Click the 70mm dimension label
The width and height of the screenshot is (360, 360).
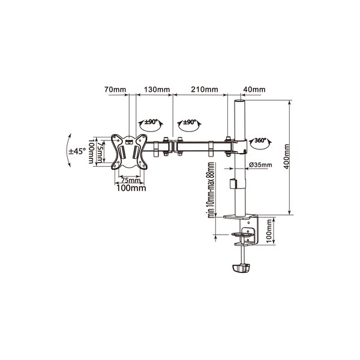click(x=115, y=89)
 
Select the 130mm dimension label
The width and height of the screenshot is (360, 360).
click(x=157, y=89)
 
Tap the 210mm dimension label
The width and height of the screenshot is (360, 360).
click(x=205, y=89)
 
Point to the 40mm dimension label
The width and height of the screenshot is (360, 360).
click(x=254, y=89)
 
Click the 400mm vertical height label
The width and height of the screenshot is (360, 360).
click(x=286, y=157)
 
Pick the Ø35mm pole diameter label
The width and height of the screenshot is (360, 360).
click(x=260, y=164)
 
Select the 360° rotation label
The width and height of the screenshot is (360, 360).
click(x=260, y=140)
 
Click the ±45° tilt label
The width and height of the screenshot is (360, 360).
click(x=78, y=151)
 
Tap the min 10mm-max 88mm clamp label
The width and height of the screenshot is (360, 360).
click(x=211, y=190)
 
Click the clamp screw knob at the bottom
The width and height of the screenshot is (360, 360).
click(x=241, y=268)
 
